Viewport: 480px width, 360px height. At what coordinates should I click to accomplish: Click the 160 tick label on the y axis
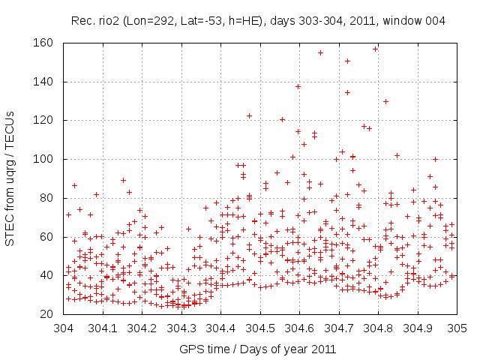(x=43, y=43)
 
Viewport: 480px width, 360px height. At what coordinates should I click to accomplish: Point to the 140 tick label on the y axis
(x=43, y=82)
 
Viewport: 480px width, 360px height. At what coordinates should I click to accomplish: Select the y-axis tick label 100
(x=43, y=159)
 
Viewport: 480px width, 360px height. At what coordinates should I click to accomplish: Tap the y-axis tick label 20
(x=46, y=314)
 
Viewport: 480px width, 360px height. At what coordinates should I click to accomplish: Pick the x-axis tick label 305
(x=457, y=328)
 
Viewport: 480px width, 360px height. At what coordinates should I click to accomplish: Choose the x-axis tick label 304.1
(x=103, y=328)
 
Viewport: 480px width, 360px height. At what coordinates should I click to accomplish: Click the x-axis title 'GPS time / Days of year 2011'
(x=256, y=349)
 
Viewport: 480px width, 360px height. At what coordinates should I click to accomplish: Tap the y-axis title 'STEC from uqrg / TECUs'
(x=10, y=178)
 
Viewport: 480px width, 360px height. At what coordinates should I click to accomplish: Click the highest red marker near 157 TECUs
(x=375, y=49)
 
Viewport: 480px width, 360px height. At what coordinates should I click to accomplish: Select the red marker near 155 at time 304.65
(x=320, y=52)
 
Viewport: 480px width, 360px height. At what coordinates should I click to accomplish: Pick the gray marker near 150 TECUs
(x=347, y=61)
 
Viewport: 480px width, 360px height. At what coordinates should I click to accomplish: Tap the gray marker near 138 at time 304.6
(x=298, y=86)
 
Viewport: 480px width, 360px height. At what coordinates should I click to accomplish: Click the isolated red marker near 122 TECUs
(x=249, y=115)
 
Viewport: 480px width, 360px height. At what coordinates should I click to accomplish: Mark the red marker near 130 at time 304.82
(x=385, y=101)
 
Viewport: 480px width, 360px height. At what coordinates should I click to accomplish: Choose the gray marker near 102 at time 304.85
(x=397, y=155)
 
